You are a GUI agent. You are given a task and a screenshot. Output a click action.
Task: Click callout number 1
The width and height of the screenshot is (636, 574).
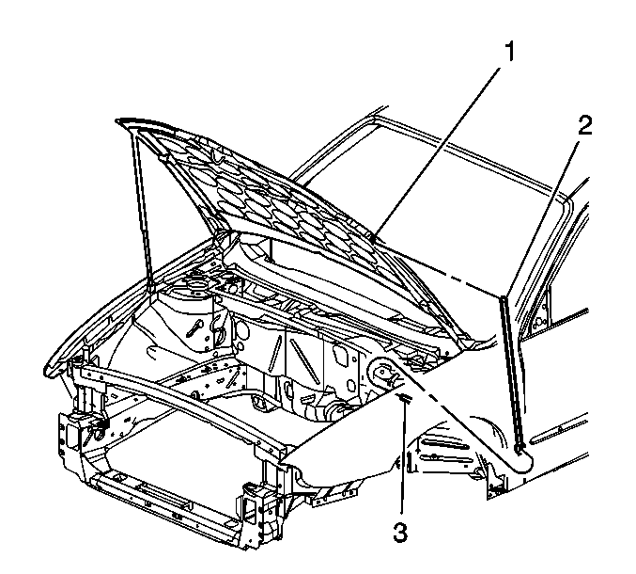[x=509, y=53]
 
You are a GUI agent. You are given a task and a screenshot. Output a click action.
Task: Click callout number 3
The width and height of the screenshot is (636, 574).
[x=400, y=533]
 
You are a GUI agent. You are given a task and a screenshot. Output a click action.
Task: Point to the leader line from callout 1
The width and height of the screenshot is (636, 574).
[x=437, y=154]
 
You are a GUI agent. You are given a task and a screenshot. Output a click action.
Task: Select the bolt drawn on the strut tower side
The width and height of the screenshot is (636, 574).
[x=194, y=327]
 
